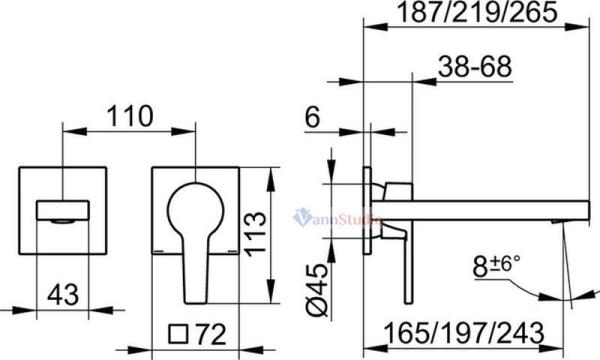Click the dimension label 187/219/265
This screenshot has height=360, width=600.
click(477, 12)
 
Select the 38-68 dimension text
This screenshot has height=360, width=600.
click(475, 67)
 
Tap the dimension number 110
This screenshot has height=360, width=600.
click(130, 116)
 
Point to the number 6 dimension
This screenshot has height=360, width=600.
click(312, 117)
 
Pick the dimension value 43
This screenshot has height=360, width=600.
click(63, 295)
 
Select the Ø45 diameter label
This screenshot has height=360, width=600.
click(318, 290)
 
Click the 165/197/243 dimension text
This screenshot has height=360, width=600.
click(464, 333)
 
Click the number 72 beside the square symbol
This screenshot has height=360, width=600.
click(211, 334)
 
